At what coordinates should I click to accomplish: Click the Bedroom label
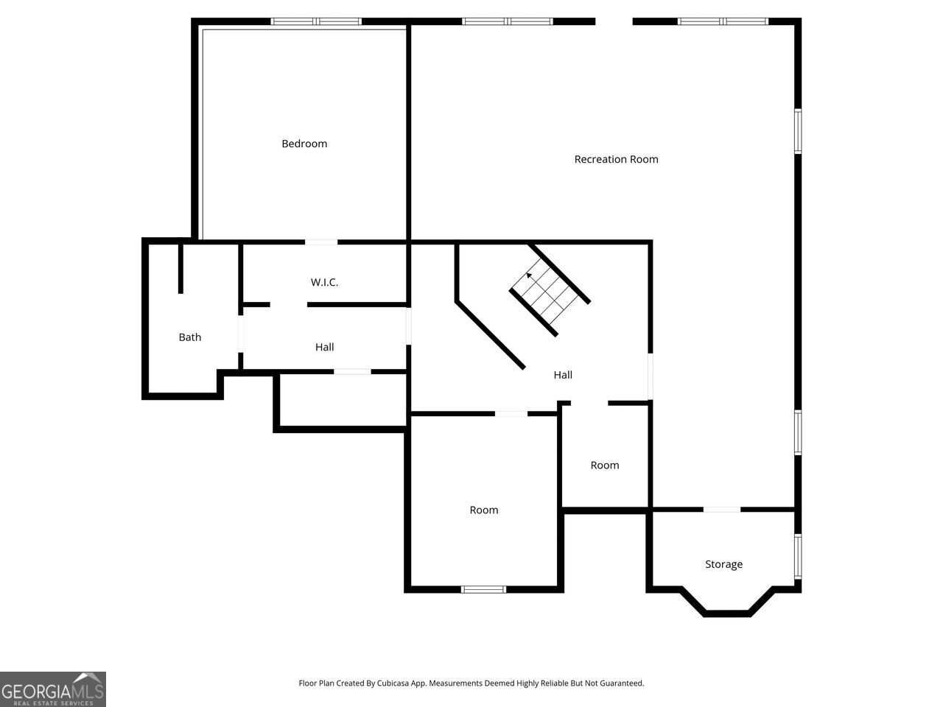tap(304, 144)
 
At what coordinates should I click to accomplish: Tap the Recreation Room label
tap(616, 159)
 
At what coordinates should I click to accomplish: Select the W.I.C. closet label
tap(324, 282)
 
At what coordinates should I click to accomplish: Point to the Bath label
tap(190, 337)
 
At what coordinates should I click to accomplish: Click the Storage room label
tap(723, 564)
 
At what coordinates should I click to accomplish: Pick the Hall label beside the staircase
tap(563, 375)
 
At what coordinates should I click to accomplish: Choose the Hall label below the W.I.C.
tap(324, 347)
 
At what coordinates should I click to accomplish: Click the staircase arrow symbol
tap(529, 275)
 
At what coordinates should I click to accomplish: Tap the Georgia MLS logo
tap(53, 689)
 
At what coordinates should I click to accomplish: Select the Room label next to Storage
tap(605, 465)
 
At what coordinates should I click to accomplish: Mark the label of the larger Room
tap(484, 510)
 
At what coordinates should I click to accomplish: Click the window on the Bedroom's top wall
tap(317, 21)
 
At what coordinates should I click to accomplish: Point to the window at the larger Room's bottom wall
tap(483, 589)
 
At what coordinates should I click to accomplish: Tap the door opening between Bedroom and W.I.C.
tap(321, 242)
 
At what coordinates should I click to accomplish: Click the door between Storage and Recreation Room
tap(721, 509)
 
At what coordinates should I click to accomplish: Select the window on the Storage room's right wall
tap(798, 556)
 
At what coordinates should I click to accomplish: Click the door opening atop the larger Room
tap(511, 414)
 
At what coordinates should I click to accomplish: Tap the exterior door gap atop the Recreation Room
tap(614, 21)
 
